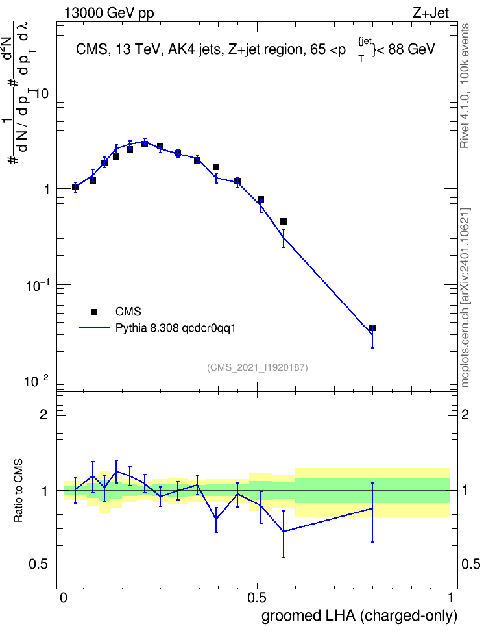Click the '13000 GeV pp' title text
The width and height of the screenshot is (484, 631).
109,14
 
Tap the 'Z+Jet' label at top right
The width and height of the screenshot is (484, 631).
431,13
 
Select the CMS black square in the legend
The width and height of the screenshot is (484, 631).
94,312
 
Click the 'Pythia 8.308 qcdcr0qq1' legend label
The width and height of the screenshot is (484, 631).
175,328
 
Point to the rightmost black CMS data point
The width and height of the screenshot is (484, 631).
372,328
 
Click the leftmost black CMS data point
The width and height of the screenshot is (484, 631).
75,187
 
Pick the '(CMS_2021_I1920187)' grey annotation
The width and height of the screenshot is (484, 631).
258,367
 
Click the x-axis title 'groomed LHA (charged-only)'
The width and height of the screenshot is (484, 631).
359,616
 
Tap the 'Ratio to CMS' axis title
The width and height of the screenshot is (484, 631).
18,491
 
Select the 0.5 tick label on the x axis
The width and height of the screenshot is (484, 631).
257,598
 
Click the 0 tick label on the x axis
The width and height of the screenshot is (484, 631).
64,598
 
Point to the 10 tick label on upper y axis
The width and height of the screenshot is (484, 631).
40,93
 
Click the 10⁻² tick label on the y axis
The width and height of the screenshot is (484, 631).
36,380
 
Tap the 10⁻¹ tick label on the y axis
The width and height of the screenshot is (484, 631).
36,285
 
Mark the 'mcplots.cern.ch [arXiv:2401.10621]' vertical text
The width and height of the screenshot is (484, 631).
465,298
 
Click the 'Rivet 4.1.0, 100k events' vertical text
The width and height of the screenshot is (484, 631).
465,86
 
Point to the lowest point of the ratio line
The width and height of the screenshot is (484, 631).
284,531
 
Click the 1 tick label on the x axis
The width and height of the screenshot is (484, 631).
450,598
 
